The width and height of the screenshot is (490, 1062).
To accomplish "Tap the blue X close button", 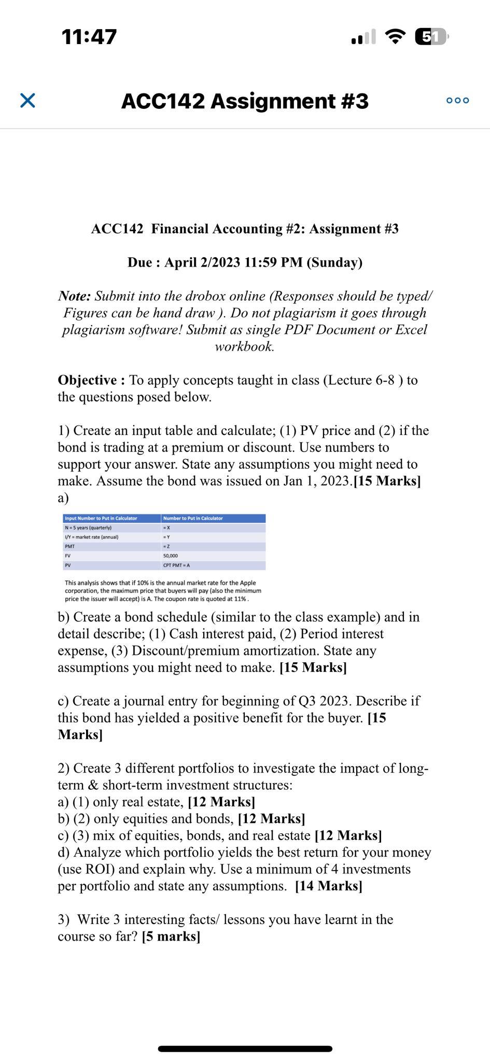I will point(27,101).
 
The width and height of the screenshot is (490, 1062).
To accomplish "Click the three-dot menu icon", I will point(457,101).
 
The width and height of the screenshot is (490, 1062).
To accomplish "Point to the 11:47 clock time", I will point(89,37).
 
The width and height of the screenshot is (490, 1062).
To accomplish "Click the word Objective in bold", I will point(88,380).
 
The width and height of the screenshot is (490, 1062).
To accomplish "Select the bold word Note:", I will point(75,296).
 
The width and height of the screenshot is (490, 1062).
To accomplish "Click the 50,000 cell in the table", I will point(171,556).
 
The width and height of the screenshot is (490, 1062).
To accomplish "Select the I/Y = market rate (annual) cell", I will point(92,537).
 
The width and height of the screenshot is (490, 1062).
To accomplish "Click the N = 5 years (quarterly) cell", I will point(88,528).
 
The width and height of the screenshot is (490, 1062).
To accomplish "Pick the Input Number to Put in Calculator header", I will point(101,519).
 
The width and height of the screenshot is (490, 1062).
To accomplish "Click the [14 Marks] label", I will point(328,886).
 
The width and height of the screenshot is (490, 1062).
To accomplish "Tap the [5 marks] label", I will point(171,937).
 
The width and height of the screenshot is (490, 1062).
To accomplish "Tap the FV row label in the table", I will point(68,556).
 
